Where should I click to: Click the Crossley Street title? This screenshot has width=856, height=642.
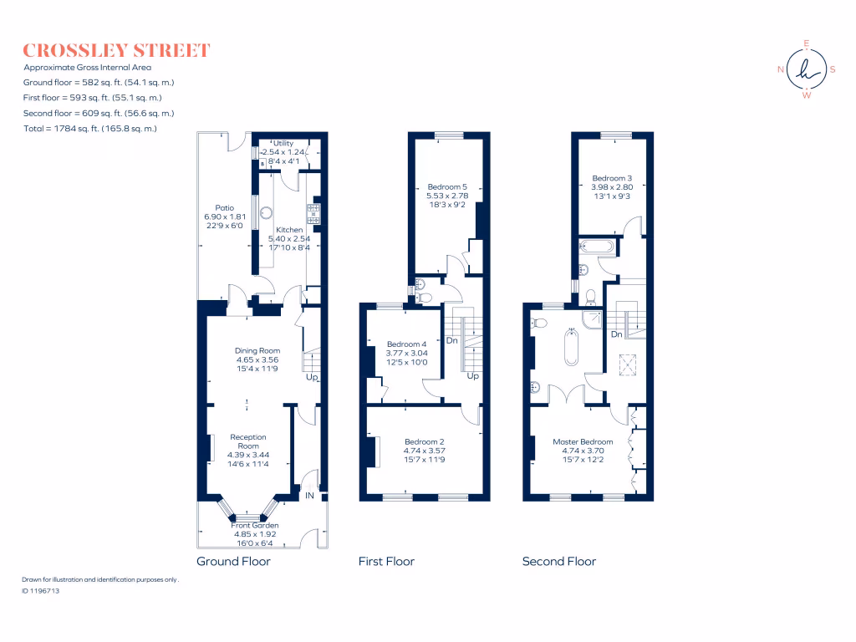[116, 50]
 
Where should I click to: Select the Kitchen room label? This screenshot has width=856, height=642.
[289, 230]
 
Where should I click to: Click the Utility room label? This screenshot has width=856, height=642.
[283, 144]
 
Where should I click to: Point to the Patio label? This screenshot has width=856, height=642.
[224, 208]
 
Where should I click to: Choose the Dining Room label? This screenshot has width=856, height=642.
[257, 351]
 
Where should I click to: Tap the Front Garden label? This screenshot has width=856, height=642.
[257, 525]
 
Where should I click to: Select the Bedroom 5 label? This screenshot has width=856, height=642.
[442, 186]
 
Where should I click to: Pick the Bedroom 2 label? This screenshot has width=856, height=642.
[424, 441]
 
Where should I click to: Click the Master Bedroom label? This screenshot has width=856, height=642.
[583, 441]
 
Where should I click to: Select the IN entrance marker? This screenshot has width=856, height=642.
[309, 497]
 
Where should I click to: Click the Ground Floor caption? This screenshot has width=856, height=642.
[233, 562]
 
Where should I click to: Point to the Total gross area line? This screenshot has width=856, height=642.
[90, 129]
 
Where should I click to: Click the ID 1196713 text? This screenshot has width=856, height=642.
[41, 590]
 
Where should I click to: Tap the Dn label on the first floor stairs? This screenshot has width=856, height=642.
[451, 341]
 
